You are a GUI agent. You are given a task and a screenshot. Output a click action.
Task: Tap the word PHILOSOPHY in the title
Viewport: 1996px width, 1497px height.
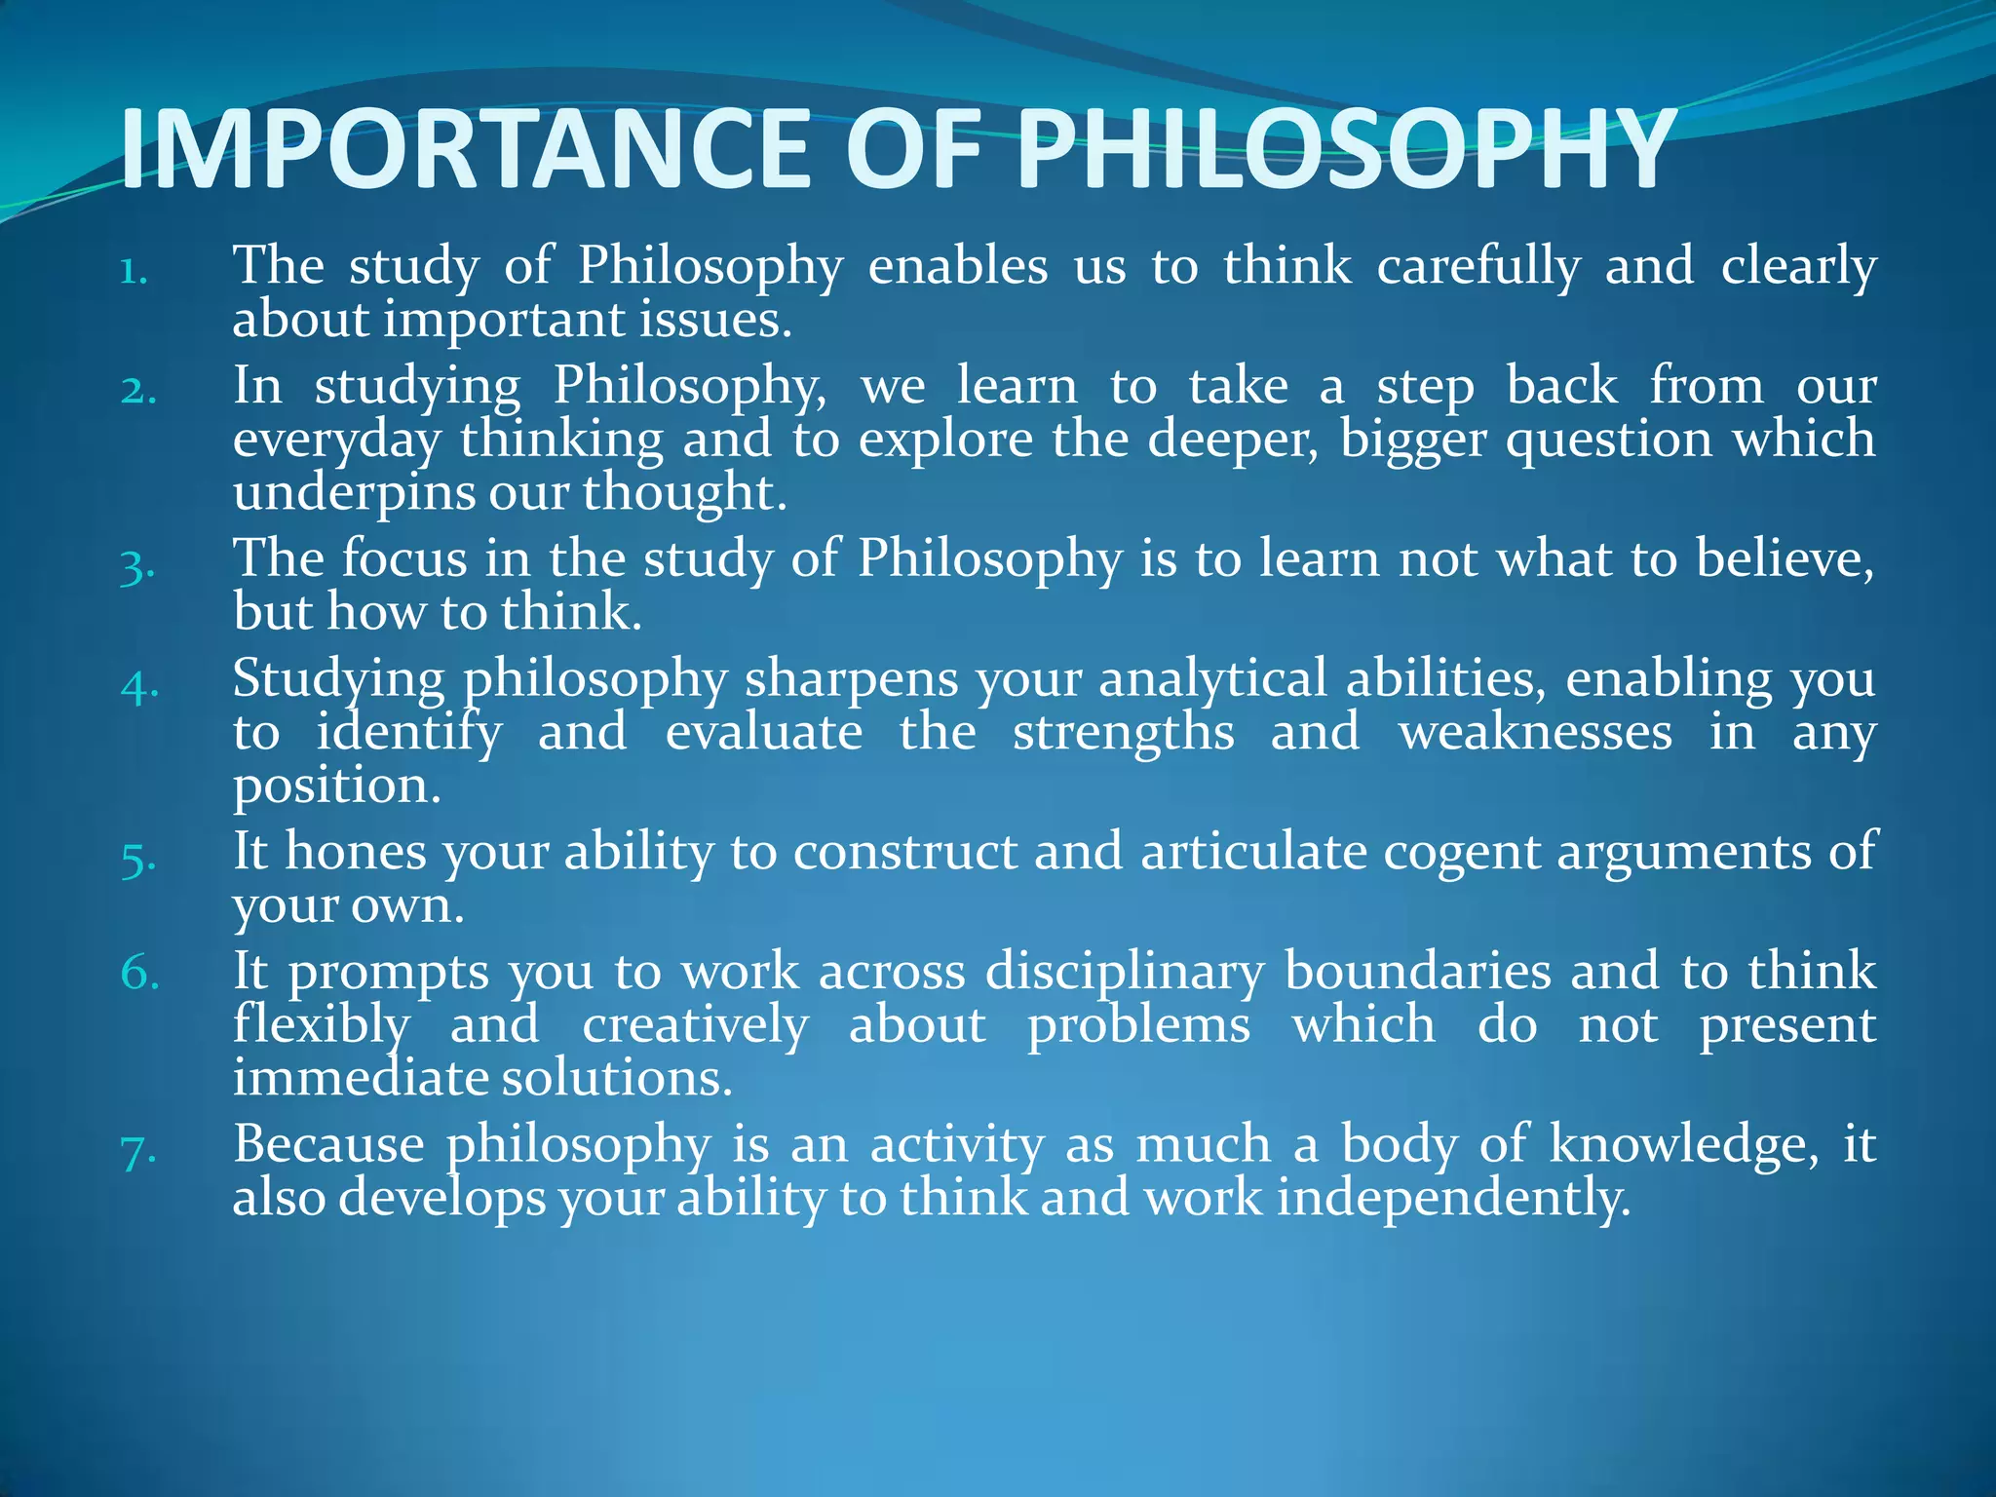(1346, 149)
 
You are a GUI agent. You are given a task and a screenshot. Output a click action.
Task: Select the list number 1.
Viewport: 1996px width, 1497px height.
(134, 272)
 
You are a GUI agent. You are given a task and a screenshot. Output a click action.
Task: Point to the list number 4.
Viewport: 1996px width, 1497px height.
(139, 686)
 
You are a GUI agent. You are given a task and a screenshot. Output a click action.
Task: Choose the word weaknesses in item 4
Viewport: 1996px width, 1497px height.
(1535, 732)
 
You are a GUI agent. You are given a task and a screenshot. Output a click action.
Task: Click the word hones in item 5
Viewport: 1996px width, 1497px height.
(356, 851)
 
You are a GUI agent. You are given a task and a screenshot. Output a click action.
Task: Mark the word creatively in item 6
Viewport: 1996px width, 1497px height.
(695, 1025)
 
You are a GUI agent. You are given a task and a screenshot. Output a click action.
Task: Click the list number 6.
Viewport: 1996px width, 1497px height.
(139, 973)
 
